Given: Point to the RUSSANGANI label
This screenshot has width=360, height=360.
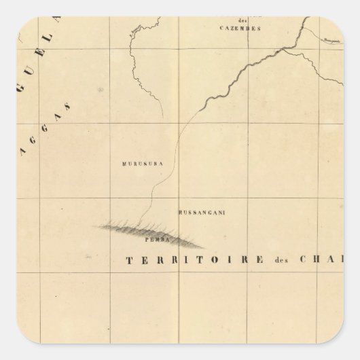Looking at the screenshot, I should pyautogui.click(x=202, y=213).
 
